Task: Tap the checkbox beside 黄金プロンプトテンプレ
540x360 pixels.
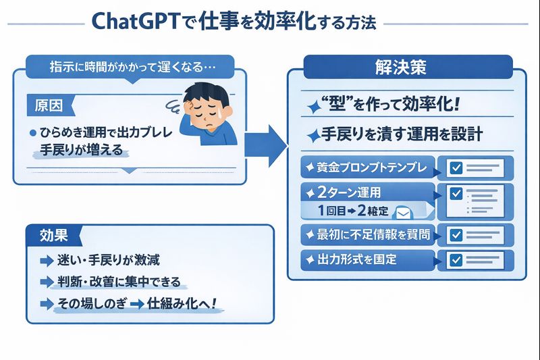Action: (456, 167)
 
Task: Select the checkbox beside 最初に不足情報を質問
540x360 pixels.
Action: (456, 234)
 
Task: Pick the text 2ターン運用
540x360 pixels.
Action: (350, 192)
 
